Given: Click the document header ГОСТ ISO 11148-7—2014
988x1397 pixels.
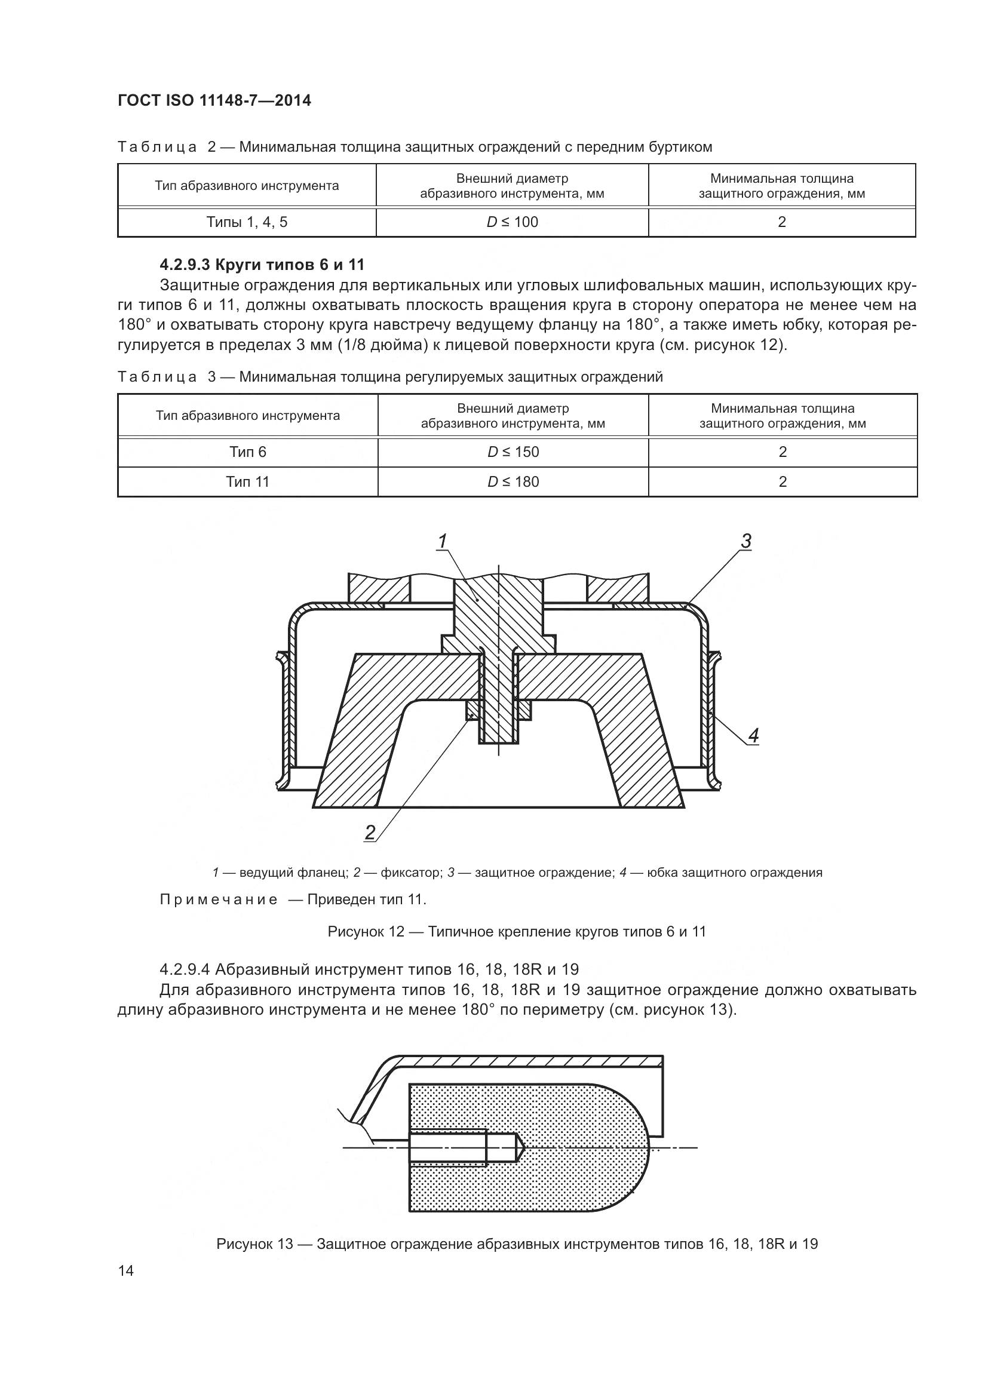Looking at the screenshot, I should click(x=214, y=100).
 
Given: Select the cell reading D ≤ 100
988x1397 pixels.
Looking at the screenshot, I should click(x=513, y=222).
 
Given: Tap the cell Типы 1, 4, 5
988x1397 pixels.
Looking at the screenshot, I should click(x=247, y=222).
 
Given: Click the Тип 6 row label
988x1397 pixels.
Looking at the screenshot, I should click(x=248, y=452).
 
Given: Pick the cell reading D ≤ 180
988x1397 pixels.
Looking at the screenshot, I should click(x=513, y=482).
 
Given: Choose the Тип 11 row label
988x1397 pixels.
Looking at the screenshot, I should click(x=248, y=482).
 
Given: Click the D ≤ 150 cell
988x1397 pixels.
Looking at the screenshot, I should click(x=513, y=452).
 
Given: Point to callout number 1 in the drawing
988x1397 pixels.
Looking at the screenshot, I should click(x=442, y=541).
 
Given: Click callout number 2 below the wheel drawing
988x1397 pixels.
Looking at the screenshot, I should click(x=370, y=832).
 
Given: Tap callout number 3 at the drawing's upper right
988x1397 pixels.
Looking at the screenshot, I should click(x=746, y=541).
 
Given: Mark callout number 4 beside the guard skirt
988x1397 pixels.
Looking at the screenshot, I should click(x=753, y=736).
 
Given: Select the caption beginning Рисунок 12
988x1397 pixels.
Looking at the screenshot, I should click(x=517, y=932).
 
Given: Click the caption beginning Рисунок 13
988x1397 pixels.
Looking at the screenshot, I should click(x=517, y=1244).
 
